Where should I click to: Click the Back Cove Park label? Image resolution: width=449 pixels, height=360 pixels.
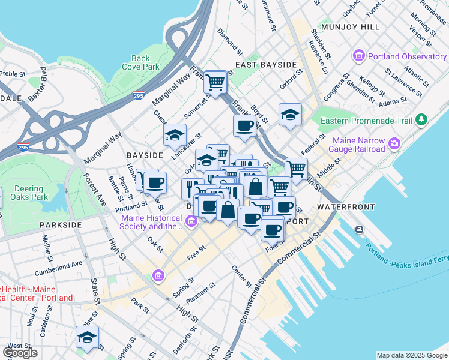pyautogui.click(x=141, y=62)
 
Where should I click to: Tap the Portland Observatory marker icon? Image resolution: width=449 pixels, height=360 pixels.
pyautogui.click(x=360, y=56)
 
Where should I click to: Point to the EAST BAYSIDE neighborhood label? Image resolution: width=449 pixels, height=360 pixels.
pyautogui.click(x=266, y=64)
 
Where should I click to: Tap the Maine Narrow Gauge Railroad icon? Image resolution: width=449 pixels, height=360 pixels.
pyautogui.click(x=394, y=143)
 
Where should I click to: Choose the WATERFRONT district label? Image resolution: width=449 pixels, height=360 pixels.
pyautogui.click(x=346, y=206)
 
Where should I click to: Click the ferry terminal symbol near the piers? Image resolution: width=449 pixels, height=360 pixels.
pyautogui.click(x=359, y=229)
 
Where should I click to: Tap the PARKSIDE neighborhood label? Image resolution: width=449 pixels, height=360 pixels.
pyautogui.click(x=60, y=224)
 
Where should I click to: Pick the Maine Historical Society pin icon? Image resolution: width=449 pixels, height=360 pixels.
pyautogui.click(x=191, y=222)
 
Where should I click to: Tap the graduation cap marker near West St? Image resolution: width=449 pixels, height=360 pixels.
pyautogui.click(x=87, y=337)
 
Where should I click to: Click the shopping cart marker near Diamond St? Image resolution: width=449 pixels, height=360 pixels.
pyautogui.click(x=215, y=82)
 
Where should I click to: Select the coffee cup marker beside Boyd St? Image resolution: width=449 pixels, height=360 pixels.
pyautogui.click(x=244, y=125)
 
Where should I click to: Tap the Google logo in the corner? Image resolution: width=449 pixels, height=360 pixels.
pyautogui.click(x=20, y=353)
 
